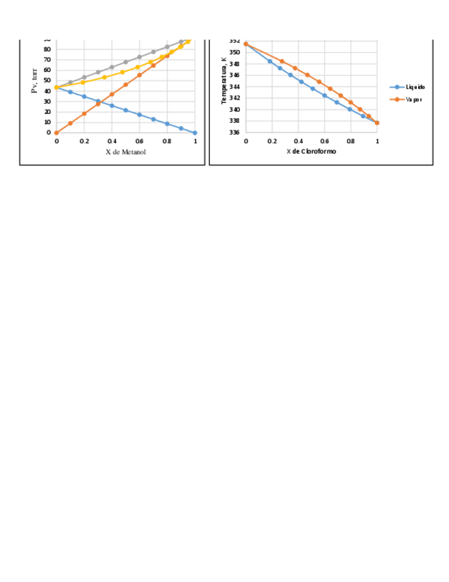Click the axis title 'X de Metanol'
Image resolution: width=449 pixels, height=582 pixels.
125,152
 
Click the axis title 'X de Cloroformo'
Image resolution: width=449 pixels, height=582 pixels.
311,151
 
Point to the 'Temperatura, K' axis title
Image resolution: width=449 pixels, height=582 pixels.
223,80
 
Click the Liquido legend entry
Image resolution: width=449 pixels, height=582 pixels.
415,87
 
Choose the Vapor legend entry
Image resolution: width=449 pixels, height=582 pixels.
413,100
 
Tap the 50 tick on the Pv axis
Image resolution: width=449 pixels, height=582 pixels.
47,80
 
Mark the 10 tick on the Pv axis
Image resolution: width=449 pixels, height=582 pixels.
47,122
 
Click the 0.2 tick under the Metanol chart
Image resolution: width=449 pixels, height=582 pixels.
84,141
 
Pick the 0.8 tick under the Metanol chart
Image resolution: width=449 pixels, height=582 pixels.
167,141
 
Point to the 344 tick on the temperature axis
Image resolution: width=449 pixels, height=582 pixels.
234,86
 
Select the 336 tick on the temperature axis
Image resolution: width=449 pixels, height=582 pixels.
234,132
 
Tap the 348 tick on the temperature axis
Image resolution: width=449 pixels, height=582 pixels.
234,64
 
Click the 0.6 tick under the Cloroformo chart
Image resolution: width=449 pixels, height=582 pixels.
324,141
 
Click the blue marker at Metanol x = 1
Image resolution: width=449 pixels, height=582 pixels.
195,132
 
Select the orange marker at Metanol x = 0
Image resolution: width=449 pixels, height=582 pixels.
56,132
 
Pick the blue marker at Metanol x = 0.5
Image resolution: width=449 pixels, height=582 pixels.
125,110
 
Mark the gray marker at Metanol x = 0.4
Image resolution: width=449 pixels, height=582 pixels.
112,67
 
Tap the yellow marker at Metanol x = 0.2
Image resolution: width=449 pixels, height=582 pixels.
84,82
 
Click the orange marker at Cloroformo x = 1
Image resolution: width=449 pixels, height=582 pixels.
377,123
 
